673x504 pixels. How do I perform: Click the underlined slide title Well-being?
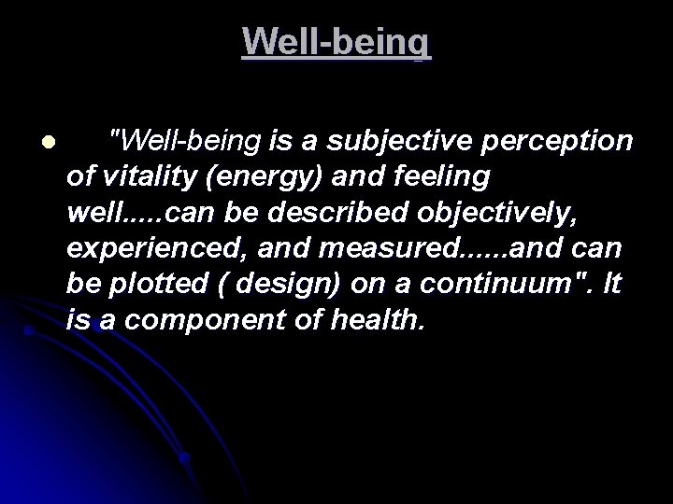click(336, 42)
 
